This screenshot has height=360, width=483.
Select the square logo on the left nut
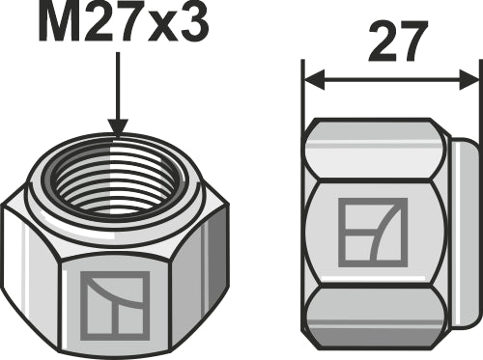tap(116, 304)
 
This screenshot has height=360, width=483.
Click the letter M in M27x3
tap(59, 24)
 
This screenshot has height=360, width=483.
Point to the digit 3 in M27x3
tap(190, 24)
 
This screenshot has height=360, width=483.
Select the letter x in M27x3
tap(160, 28)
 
